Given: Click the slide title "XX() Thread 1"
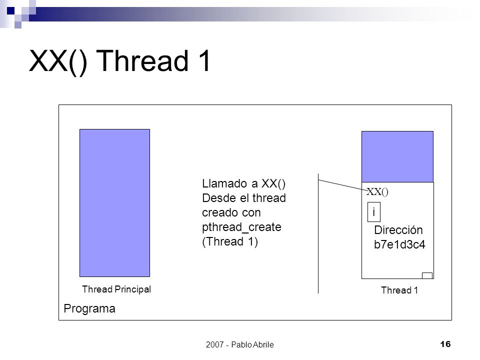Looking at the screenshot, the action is coord(119,61).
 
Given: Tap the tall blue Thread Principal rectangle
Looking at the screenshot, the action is coord(115,203).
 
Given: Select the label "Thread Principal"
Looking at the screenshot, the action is coord(116,289).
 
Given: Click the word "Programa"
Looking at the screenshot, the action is coord(89,308).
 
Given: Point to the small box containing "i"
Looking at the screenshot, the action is coord(374,212).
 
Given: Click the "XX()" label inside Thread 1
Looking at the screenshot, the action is coord(377,191).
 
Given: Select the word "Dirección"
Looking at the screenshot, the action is coord(398,230).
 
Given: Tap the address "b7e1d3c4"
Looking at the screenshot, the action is coord(399,244).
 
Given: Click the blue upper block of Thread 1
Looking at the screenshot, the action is coord(397,156).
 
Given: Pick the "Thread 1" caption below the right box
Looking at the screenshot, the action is coord(399,290).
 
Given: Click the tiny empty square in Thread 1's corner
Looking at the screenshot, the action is coord(427,275).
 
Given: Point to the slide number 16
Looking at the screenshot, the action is coord(445,344).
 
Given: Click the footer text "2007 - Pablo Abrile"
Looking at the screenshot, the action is coord(239,344).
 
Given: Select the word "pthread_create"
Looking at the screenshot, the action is coord(241,227).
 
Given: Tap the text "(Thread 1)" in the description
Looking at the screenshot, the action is coord(230,241).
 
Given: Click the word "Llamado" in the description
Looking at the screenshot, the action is coord(224,183).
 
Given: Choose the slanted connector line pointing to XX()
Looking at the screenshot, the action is coord(343,185).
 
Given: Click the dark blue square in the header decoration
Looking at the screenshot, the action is coord(10,10).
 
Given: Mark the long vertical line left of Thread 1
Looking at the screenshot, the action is coord(318,233).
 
